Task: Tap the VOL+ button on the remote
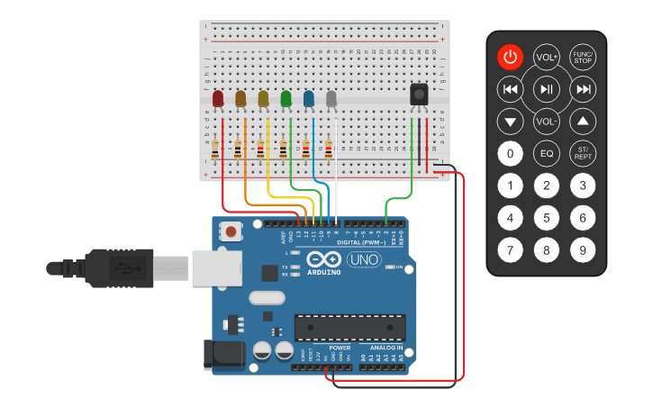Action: (x=547, y=58)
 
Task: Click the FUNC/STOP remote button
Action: (x=584, y=58)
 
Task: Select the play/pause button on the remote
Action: (x=547, y=89)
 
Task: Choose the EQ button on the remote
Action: (x=547, y=154)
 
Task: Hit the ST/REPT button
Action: (x=584, y=154)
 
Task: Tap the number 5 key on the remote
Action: (x=547, y=218)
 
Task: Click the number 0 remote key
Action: (x=511, y=154)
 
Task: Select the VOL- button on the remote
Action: (x=547, y=121)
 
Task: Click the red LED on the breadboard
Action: (x=218, y=97)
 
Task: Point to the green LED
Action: (x=286, y=97)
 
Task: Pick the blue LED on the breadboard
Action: (x=309, y=97)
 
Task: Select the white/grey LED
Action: (x=331, y=97)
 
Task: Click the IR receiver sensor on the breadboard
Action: (x=419, y=94)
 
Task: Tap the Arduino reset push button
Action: (x=231, y=231)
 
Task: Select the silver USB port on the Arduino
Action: (x=216, y=267)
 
